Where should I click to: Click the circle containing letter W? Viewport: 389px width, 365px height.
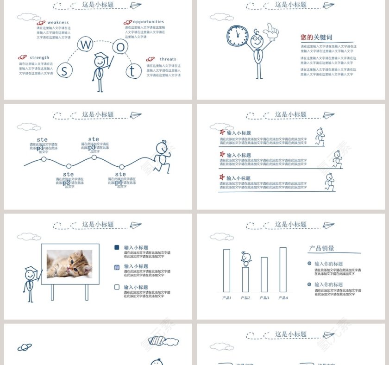point(86,44)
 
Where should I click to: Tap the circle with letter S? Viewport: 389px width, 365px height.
point(64,70)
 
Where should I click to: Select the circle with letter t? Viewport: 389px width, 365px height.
point(132,71)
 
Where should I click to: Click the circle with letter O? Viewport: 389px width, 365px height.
point(120,46)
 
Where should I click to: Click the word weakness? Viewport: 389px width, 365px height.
point(58,22)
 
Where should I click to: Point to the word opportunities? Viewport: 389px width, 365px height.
point(148,22)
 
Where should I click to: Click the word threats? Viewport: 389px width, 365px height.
point(168,59)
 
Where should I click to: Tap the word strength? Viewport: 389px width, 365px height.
point(39,58)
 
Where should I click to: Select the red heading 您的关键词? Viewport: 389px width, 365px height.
point(316,38)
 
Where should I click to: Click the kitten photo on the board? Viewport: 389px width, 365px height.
point(69,264)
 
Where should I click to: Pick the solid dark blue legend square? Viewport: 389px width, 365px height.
point(117,248)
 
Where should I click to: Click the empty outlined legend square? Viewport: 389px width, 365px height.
point(117,287)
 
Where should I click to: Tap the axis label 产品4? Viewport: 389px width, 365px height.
point(283,298)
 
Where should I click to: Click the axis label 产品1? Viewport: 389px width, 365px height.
point(227,298)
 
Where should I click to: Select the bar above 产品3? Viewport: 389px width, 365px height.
point(264,274)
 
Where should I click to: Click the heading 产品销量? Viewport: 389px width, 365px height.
point(322,249)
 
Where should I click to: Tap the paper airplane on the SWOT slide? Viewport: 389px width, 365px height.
point(135,6)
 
